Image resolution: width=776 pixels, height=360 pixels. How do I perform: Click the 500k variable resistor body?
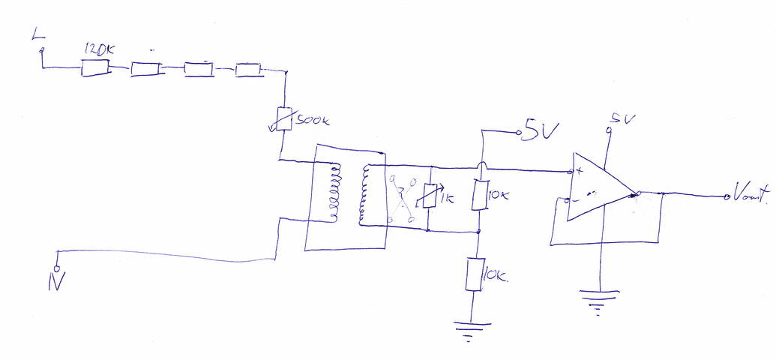[284, 118]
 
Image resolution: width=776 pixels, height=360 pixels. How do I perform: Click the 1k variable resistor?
[427, 197]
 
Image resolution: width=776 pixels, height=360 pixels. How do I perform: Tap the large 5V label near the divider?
[540, 131]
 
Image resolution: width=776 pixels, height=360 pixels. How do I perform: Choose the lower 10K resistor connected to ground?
[474, 274]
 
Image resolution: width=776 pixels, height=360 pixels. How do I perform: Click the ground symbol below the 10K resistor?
[470, 330]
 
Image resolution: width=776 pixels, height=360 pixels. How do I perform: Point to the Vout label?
[750, 197]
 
